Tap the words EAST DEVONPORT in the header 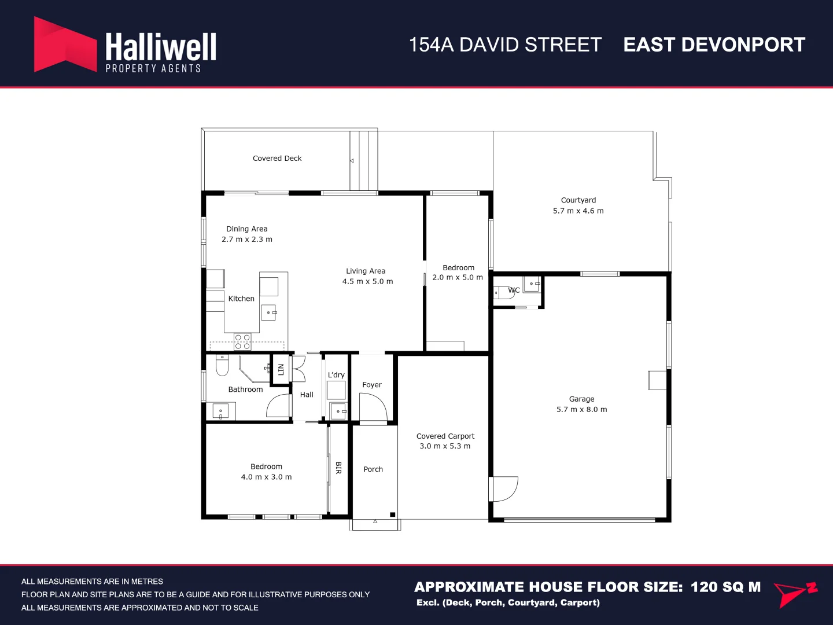(x=714, y=45)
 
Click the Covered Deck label (x=277, y=159)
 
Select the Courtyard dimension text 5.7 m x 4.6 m (x=578, y=211)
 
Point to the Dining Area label (x=247, y=229)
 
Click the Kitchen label (x=241, y=299)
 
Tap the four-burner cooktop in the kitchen (x=242, y=341)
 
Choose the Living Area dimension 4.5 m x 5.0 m (x=367, y=282)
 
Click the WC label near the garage (x=514, y=291)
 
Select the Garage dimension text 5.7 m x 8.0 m (x=581, y=410)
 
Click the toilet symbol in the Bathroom (x=222, y=366)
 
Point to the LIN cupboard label (x=281, y=369)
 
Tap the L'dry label (x=336, y=375)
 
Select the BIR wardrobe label (x=338, y=468)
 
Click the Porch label (x=373, y=469)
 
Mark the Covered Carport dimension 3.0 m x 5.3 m (x=445, y=446)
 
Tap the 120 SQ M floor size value (x=725, y=587)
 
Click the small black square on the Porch (x=392, y=514)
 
